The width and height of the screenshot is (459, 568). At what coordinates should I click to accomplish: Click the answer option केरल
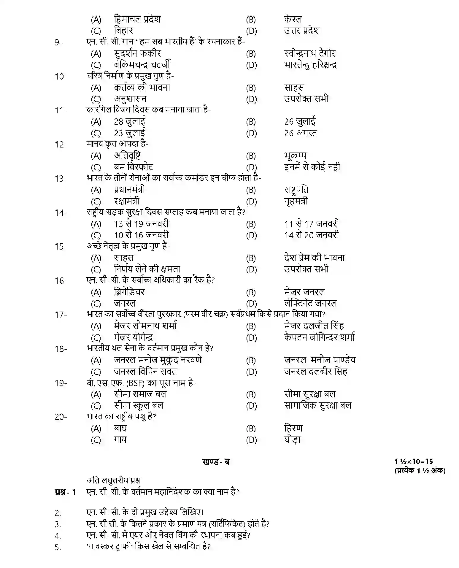click(293, 19)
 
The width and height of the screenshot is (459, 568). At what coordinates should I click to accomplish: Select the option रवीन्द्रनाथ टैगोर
click(309, 53)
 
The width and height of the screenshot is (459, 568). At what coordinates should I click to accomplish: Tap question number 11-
click(61, 111)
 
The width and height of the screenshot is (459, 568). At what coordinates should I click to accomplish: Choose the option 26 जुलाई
click(300, 122)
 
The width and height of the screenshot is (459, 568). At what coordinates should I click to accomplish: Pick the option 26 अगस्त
click(300, 133)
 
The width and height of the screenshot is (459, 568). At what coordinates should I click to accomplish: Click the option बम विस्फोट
click(133, 167)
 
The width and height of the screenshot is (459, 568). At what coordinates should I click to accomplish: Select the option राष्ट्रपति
click(296, 190)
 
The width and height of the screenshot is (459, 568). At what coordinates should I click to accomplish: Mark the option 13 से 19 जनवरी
click(141, 224)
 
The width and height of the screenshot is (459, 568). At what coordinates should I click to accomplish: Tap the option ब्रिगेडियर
click(129, 292)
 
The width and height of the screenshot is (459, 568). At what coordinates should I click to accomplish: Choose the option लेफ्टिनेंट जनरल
click(310, 303)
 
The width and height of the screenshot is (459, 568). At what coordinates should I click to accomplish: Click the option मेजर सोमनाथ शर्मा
click(145, 326)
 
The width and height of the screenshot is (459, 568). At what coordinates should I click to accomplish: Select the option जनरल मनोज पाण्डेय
click(320, 360)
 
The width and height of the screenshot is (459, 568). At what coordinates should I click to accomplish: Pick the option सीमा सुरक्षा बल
click(309, 394)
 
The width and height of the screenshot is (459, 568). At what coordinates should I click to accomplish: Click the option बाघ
click(120, 428)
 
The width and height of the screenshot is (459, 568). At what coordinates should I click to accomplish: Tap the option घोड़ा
click(292, 440)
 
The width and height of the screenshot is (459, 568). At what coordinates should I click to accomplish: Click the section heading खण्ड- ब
click(216, 462)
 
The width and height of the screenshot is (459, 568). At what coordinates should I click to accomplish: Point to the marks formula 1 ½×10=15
click(414, 462)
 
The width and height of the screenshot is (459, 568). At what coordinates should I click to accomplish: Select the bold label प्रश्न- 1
click(65, 492)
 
